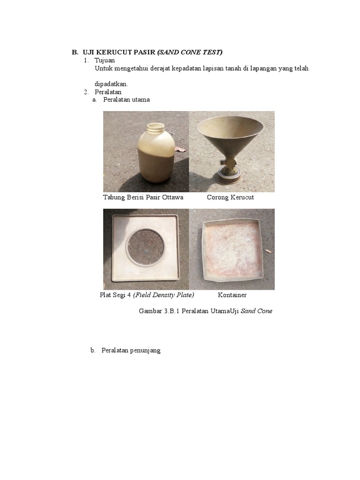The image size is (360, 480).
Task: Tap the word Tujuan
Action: click(x=105, y=60)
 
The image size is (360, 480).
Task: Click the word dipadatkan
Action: click(x=111, y=84)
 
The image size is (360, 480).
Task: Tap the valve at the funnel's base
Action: click(x=229, y=165)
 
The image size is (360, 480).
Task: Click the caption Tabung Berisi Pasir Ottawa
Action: click(x=143, y=197)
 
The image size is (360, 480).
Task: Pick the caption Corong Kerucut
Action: click(x=230, y=197)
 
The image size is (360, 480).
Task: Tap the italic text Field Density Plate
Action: click(x=164, y=295)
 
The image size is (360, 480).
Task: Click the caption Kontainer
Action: click(x=232, y=295)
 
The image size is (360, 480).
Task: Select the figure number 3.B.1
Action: click(x=172, y=311)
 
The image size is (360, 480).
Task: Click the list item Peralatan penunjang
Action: click(x=131, y=350)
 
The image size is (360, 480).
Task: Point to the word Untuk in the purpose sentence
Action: click(x=103, y=68)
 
